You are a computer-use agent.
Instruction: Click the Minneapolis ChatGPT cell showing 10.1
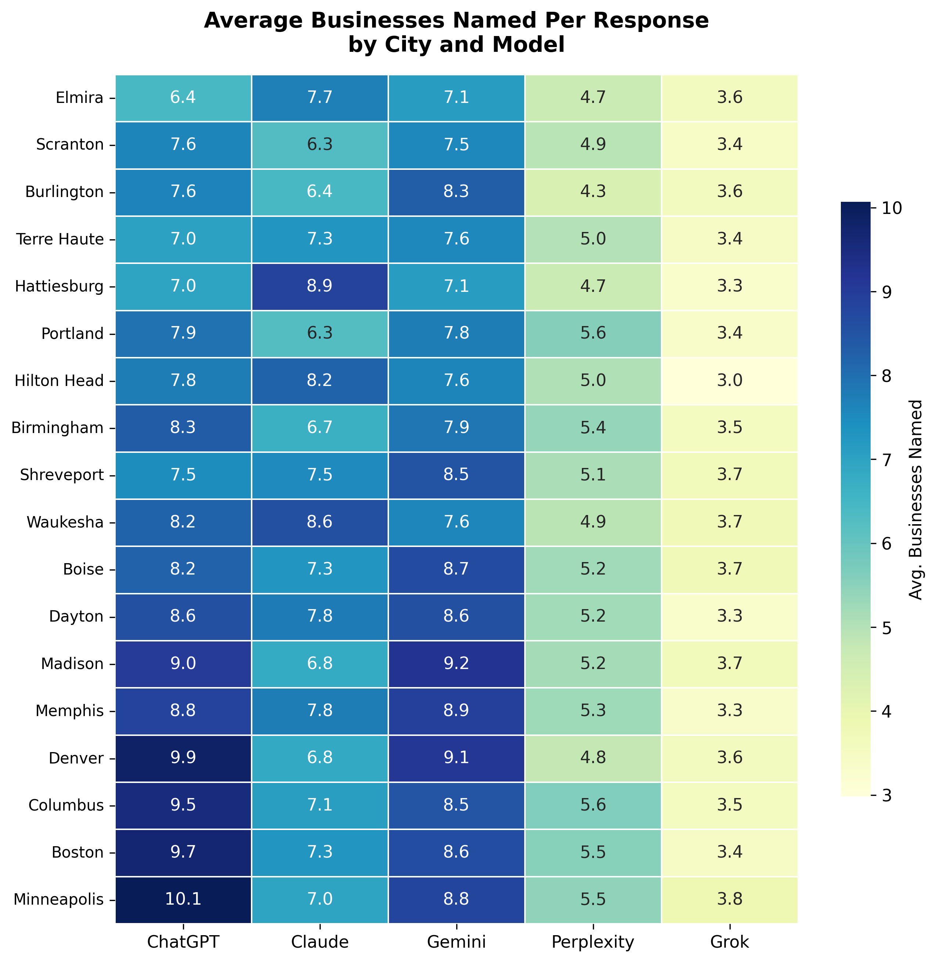[183, 900]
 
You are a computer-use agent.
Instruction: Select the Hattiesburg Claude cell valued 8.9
[320, 287]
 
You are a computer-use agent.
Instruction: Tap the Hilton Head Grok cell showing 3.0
[730, 381]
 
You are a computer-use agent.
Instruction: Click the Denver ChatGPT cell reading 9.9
[183, 758]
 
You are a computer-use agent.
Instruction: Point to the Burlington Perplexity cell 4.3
[593, 192]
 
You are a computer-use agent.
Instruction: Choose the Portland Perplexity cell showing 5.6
[593, 334]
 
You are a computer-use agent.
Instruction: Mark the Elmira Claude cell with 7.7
[320, 98]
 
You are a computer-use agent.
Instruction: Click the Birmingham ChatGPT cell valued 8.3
[183, 428]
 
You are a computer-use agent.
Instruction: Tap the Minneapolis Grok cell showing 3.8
[730, 900]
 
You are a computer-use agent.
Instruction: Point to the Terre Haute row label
[60, 240]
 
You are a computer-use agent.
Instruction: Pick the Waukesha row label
[65, 523]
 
